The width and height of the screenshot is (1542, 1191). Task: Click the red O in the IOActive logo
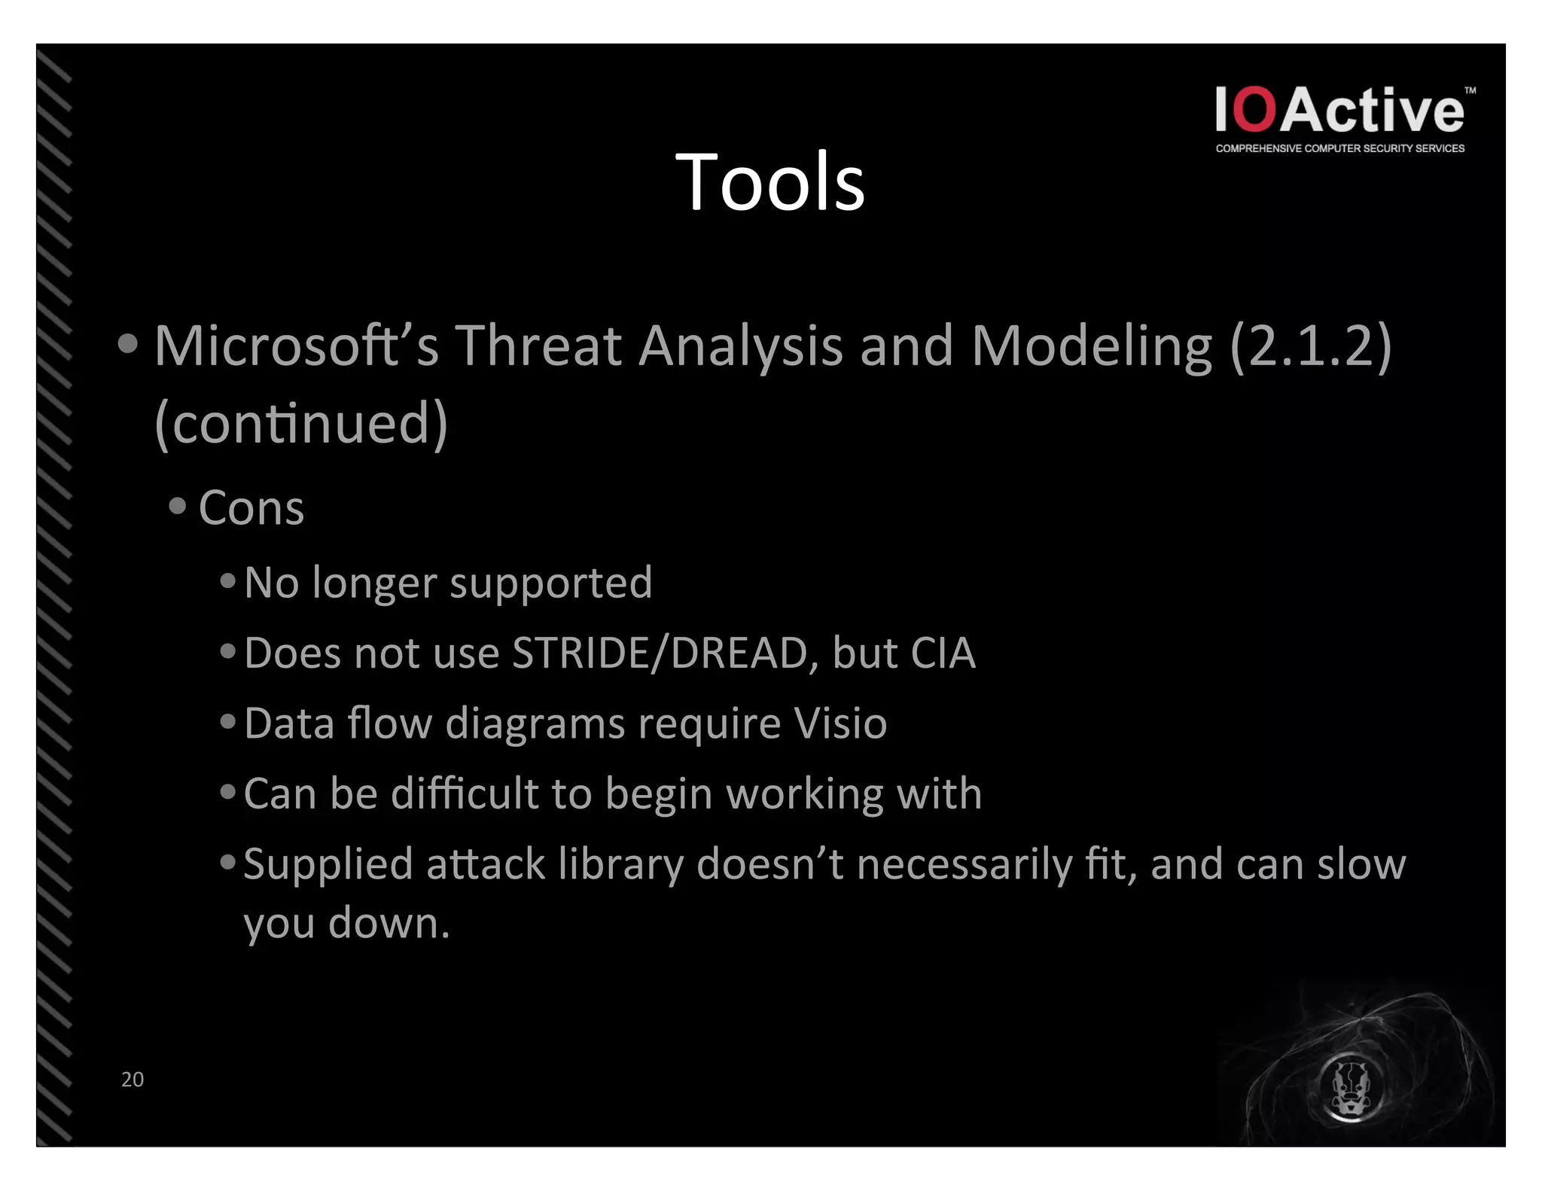point(1256,110)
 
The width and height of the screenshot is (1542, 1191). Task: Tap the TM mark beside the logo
point(1470,90)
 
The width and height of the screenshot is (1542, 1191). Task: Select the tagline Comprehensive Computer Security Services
point(1339,148)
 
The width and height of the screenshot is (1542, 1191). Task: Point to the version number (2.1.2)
point(1310,346)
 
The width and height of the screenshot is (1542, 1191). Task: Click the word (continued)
point(301,423)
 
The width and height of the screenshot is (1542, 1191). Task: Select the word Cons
point(251,507)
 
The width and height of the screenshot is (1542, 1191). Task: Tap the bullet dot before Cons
point(178,505)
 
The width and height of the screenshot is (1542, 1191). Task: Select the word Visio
point(840,723)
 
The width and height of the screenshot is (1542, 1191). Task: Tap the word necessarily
point(965,864)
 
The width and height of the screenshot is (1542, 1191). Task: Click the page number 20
point(133,1079)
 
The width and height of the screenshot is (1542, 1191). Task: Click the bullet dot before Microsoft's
point(128,344)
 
